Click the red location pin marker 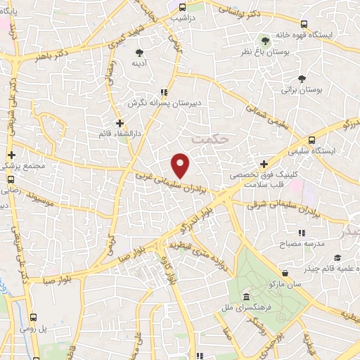pos(181,165)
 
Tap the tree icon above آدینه pos(139,52)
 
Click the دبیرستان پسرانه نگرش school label pos(163,103)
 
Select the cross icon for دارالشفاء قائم pos(120,123)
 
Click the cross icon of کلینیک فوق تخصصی pos(263,163)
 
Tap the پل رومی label pos(51,328)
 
